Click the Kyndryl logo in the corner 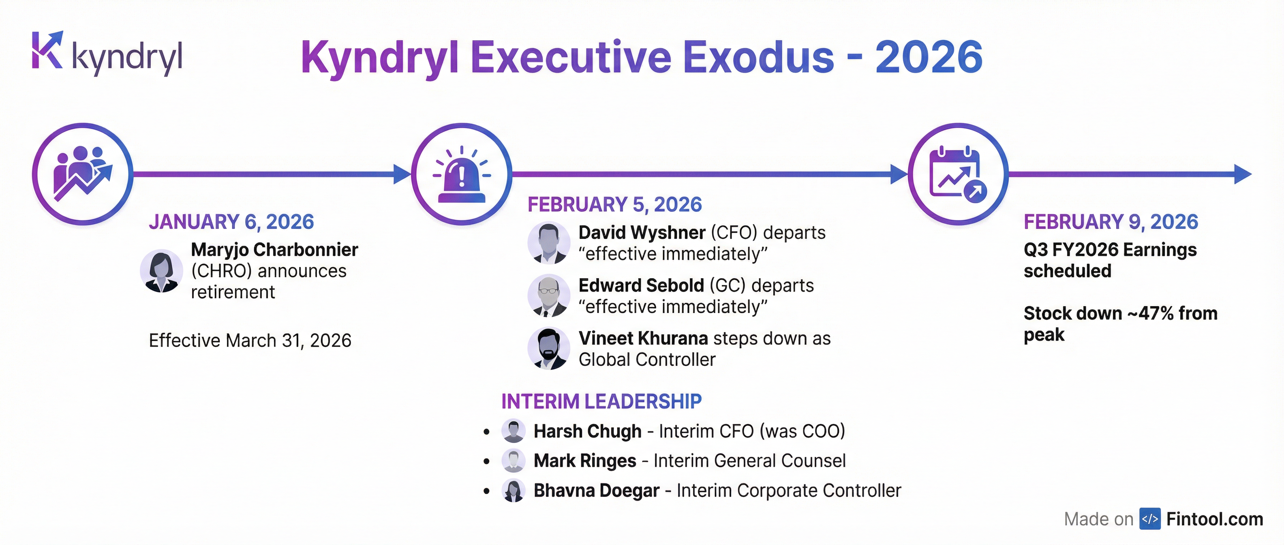click(107, 54)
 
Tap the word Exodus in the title click(759, 57)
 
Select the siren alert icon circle click(462, 174)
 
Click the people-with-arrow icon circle click(83, 174)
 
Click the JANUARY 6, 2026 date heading click(231, 222)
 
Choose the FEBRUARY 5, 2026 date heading click(614, 204)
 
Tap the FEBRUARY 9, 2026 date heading click(1111, 222)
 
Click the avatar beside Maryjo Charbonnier click(161, 271)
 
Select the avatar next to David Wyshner click(549, 243)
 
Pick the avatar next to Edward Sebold click(549, 296)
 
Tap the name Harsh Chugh click(588, 431)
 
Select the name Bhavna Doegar click(597, 491)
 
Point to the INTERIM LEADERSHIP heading click(601, 401)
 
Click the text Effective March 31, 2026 click(250, 341)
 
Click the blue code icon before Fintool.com click(1150, 519)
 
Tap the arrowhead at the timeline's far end click(1243, 174)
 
